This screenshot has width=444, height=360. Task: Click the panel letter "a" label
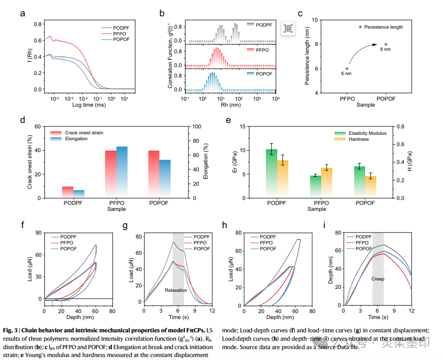click(22, 13)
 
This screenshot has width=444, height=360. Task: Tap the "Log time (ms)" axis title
click(88, 105)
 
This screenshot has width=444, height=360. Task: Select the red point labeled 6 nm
click(347, 69)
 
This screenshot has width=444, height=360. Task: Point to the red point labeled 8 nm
click(386, 44)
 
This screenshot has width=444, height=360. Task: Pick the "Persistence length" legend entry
click(383, 27)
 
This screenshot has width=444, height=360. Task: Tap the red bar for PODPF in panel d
click(68, 192)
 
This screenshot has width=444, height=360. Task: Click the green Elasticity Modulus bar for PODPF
click(271, 173)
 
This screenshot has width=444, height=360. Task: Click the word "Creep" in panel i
click(378, 279)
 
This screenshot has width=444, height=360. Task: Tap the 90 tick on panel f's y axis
click(37, 232)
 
